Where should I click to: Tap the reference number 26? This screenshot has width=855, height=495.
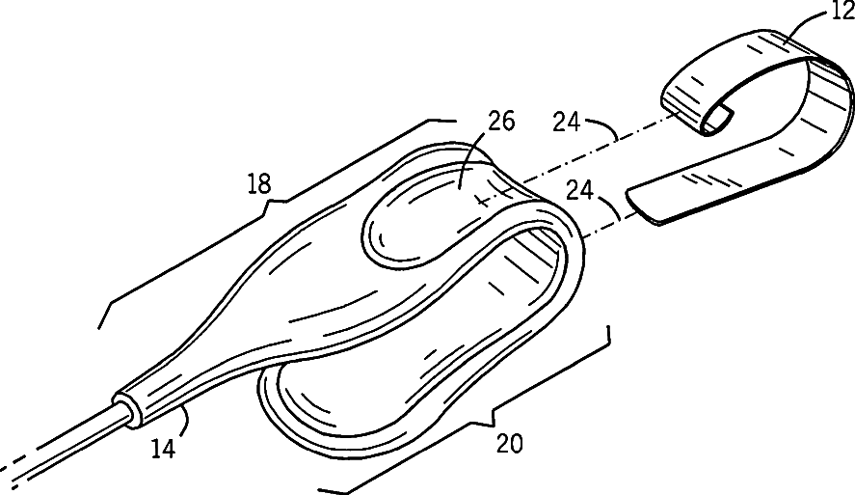501,123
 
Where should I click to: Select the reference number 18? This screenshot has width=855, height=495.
258,182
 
